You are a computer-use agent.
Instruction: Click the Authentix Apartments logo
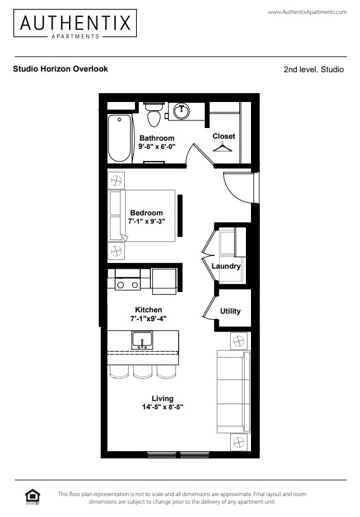coord(75,25)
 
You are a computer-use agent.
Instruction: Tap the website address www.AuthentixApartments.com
coord(307,12)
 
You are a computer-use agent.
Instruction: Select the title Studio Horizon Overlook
coord(60,68)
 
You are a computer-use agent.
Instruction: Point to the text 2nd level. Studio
coord(313,69)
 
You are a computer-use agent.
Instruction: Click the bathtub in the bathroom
coord(119,138)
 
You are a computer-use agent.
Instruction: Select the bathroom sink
coord(181,112)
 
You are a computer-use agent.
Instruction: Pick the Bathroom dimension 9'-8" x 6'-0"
coord(157,146)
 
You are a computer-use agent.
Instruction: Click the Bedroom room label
coord(146,213)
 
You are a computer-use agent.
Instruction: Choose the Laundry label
coord(226,266)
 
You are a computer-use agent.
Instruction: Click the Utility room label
coord(230,311)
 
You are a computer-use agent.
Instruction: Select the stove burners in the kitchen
coord(127,285)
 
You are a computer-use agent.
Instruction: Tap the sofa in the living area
coord(231,390)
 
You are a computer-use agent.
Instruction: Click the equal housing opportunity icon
coord(30,495)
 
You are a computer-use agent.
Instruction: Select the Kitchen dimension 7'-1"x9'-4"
coord(148,319)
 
